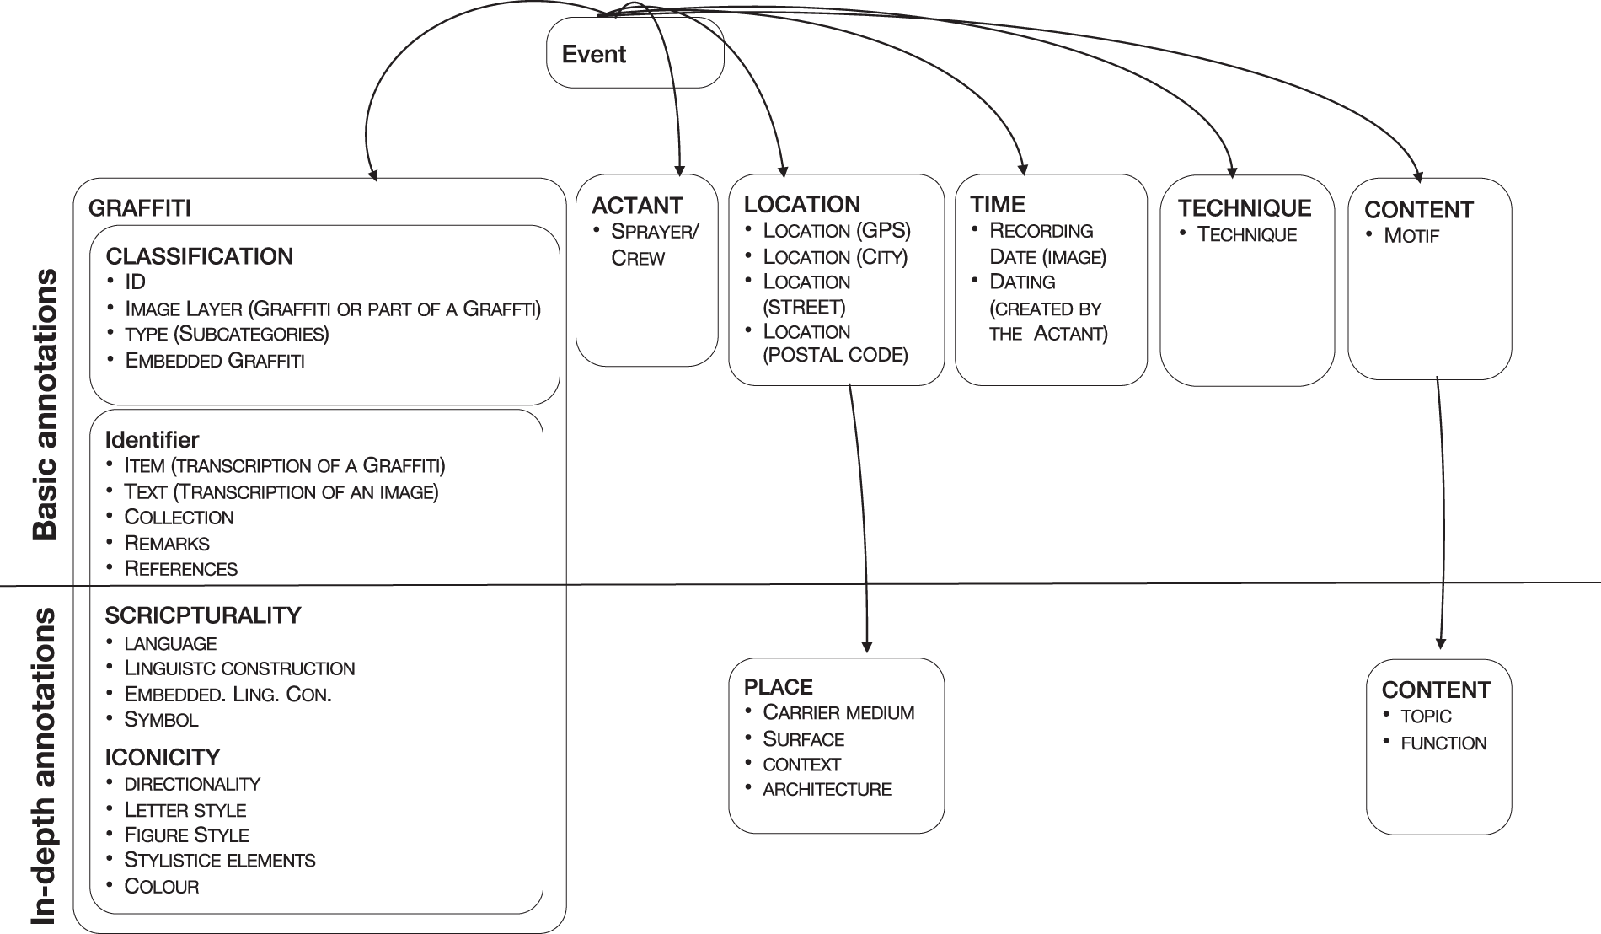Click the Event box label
point(593,54)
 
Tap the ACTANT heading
point(636,206)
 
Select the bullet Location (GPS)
point(836,230)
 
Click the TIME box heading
point(997,204)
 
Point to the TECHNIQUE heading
point(1244,208)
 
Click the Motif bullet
point(1411,235)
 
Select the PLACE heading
point(778,687)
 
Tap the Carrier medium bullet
point(838,712)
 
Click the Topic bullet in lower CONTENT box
point(1426,717)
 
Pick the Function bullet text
point(1443,743)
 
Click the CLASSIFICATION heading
point(199,256)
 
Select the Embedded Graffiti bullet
point(214,361)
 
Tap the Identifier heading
point(152,439)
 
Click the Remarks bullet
point(166,543)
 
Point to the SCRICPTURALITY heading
point(202,615)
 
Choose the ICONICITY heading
point(162,757)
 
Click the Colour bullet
point(161,887)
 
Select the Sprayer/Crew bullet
point(654,244)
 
